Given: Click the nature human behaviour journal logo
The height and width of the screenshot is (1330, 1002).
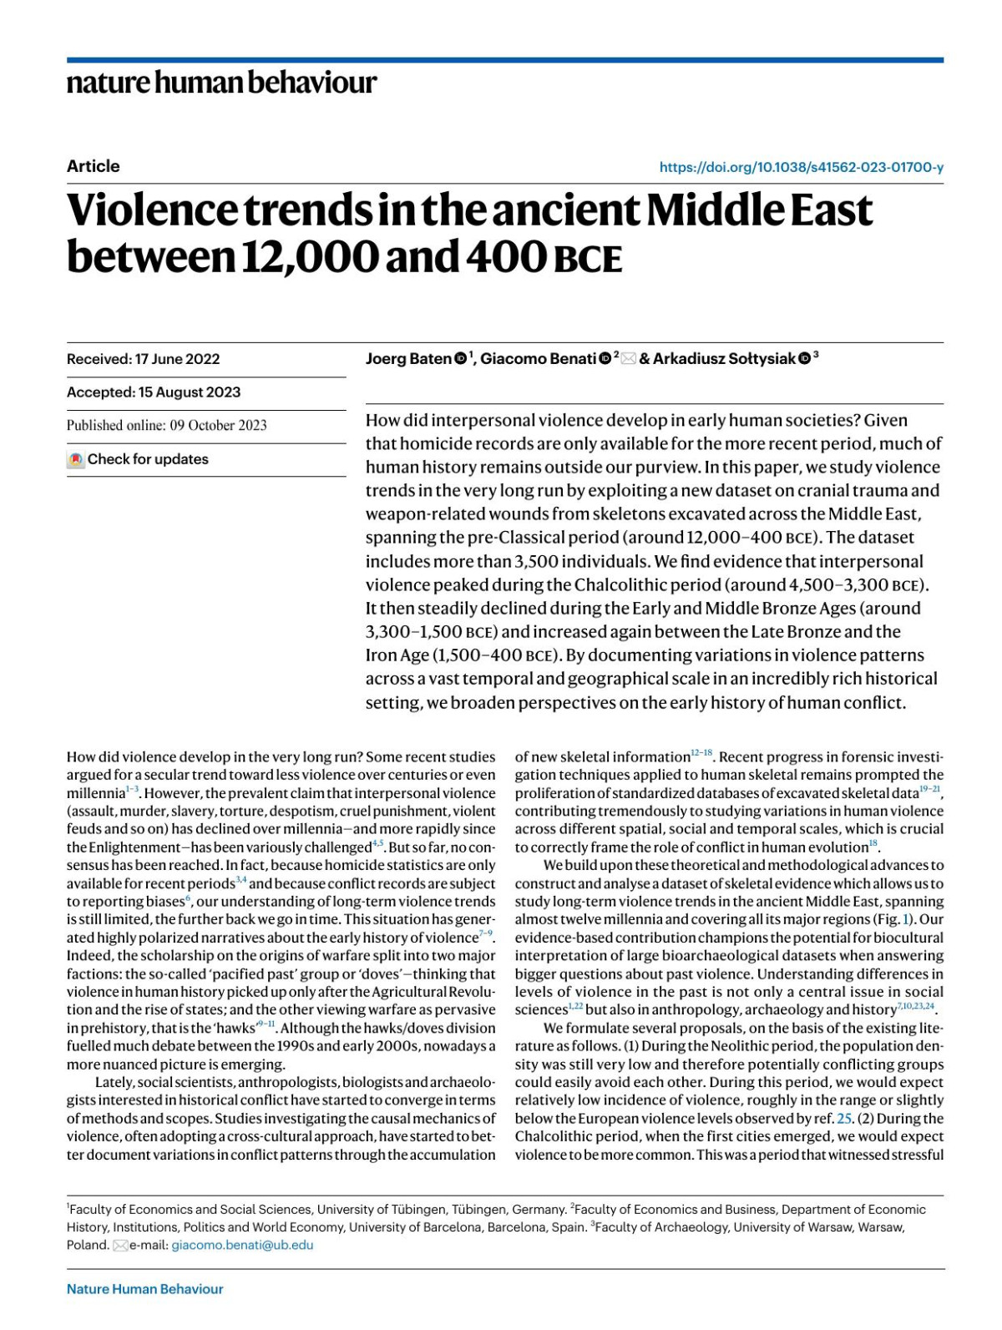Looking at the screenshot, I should (x=221, y=83).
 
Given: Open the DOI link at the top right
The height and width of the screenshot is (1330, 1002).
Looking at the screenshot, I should (x=801, y=167).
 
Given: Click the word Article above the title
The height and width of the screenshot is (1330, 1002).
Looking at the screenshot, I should (x=93, y=166).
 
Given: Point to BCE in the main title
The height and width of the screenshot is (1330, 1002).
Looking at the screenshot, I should (x=588, y=260).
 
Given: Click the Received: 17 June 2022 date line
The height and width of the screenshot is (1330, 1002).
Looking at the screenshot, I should (x=143, y=359).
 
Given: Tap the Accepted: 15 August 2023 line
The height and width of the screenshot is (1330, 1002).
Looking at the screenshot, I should (x=153, y=392).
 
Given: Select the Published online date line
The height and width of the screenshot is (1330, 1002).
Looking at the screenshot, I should (x=166, y=425).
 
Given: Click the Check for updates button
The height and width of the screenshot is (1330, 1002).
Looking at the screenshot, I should (x=139, y=459).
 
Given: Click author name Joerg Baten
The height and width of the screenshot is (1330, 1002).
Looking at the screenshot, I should (x=408, y=359).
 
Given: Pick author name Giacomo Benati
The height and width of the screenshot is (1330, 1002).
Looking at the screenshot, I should (x=538, y=359).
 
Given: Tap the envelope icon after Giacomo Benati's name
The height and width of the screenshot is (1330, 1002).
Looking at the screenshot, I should (x=628, y=359).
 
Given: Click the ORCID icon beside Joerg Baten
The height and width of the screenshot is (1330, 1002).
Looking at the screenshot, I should (x=460, y=359).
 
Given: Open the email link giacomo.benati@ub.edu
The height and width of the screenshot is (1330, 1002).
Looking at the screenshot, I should (x=242, y=1245).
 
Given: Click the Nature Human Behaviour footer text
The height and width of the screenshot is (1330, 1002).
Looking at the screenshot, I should (x=144, y=1289).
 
